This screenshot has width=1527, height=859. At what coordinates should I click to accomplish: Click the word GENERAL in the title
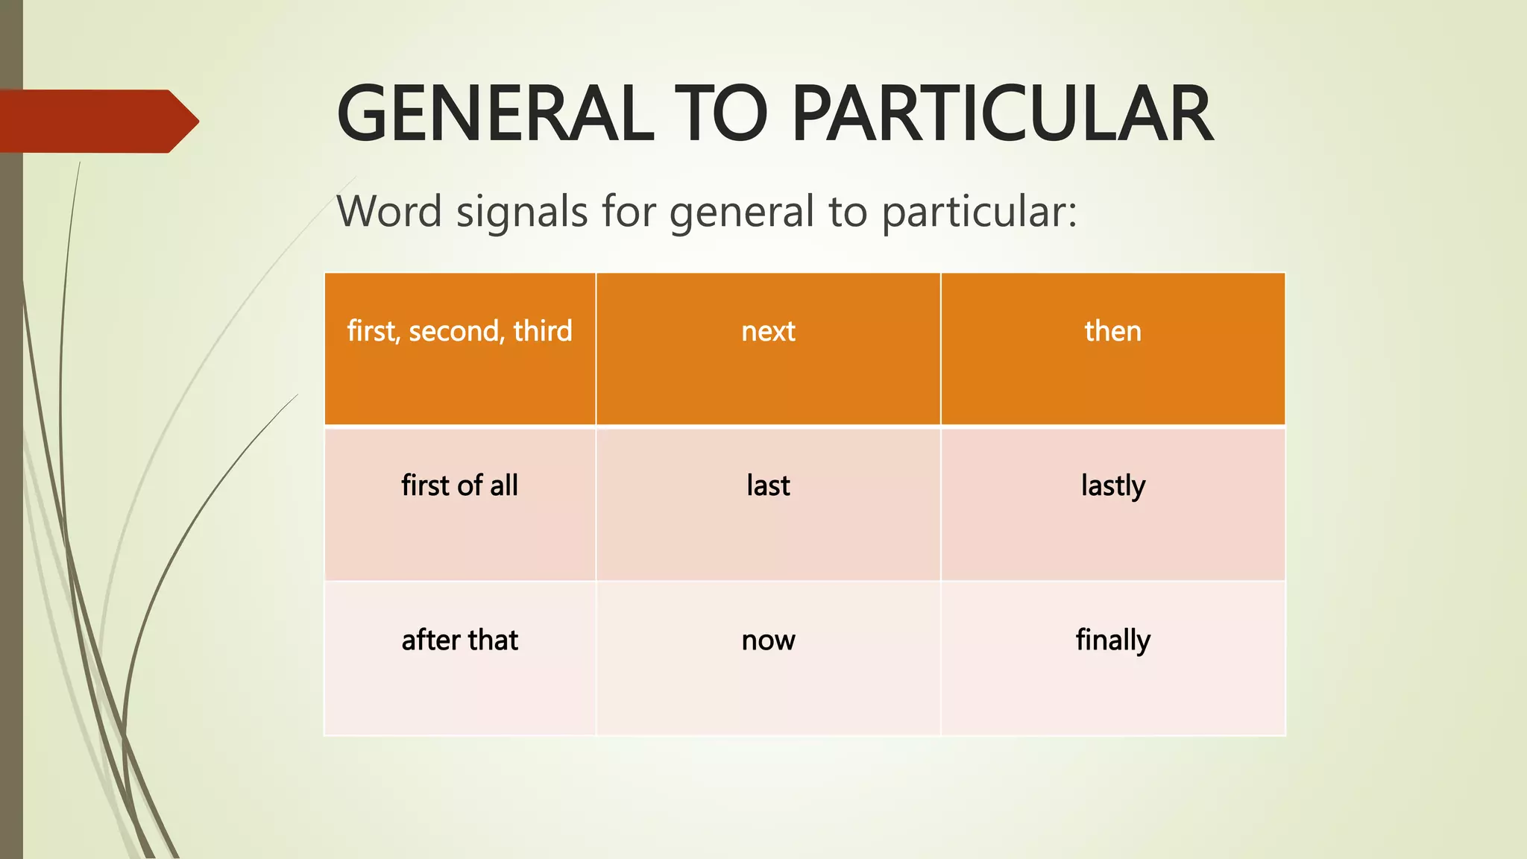coord(495,114)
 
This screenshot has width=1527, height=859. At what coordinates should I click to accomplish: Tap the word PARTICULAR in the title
coord(1002,114)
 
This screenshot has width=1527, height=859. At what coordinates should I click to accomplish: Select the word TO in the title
coord(720,114)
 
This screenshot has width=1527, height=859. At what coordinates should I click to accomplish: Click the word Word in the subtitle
coord(389,211)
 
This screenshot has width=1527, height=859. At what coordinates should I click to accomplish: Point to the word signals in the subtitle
coord(522,211)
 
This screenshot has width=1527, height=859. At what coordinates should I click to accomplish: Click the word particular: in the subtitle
coord(980,213)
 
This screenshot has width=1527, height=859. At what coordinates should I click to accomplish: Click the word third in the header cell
coord(542,331)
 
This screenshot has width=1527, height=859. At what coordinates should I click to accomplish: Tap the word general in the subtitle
coord(741,213)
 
